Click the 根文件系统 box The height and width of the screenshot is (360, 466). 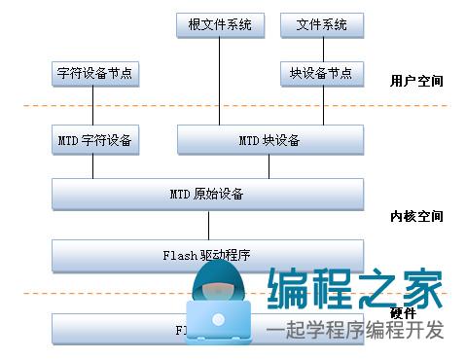(220, 24)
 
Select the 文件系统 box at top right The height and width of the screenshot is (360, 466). (321, 24)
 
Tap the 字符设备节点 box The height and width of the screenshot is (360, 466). (93, 73)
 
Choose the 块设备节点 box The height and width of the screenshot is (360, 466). (321, 73)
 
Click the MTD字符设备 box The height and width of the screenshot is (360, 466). (93, 140)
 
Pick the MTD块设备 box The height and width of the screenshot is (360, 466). (269, 140)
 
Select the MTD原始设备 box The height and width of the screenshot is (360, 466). (206, 194)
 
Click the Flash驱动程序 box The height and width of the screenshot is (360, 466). (206, 256)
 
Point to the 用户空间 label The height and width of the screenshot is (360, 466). (416, 80)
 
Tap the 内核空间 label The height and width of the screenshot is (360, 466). (416, 216)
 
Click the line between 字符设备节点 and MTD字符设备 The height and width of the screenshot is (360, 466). (93, 105)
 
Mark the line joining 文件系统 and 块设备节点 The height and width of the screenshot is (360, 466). (321, 49)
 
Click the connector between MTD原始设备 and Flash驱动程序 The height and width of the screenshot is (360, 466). (206, 225)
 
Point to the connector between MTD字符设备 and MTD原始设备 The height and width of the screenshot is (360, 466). (93, 166)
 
